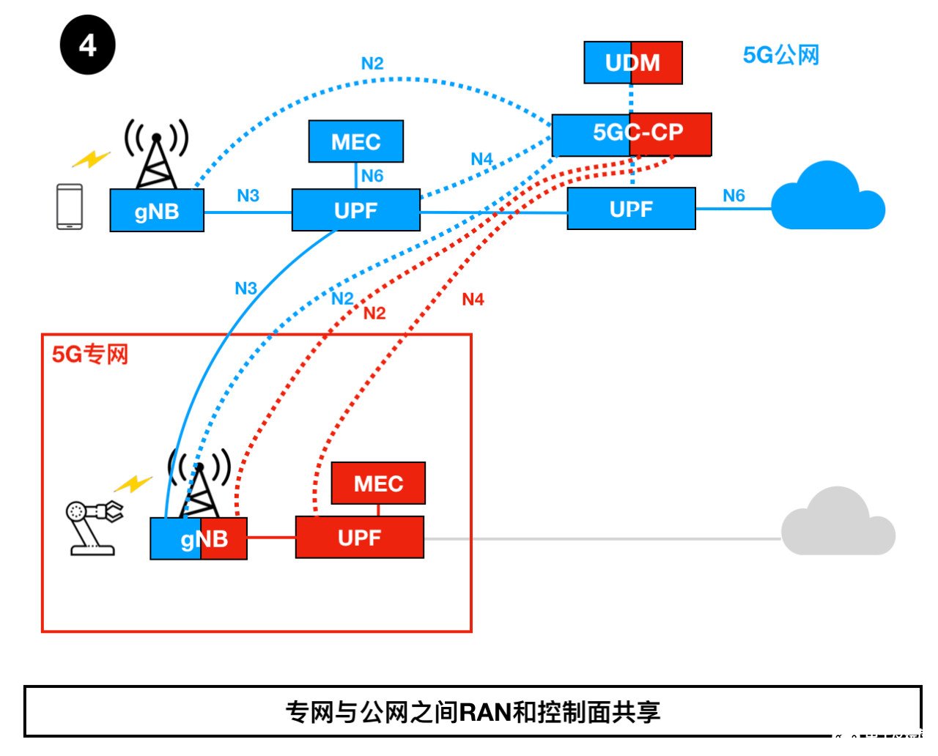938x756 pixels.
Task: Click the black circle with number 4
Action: (x=87, y=46)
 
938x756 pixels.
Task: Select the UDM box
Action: (x=633, y=63)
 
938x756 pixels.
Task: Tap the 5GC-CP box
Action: (x=632, y=134)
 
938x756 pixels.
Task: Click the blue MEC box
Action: (x=355, y=141)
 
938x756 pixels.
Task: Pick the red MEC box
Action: (x=378, y=483)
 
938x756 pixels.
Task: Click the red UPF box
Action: (x=359, y=538)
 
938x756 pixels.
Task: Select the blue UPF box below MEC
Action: (x=356, y=210)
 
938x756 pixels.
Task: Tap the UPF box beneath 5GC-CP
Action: (x=631, y=209)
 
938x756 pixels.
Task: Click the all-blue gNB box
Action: (x=157, y=211)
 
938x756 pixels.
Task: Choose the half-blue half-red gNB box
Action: (x=199, y=539)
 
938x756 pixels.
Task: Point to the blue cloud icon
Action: (x=827, y=199)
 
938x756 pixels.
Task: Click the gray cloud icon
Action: (x=838, y=524)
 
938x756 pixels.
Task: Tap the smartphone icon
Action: (x=70, y=207)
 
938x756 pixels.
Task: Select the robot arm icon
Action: (x=93, y=526)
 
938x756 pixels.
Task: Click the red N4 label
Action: (x=473, y=300)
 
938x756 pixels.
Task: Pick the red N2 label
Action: (x=374, y=314)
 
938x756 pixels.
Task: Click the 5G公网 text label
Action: (x=780, y=55)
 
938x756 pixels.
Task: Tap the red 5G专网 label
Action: (x=89, y=355)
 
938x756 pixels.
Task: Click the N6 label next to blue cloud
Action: (x=733, y=196)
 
